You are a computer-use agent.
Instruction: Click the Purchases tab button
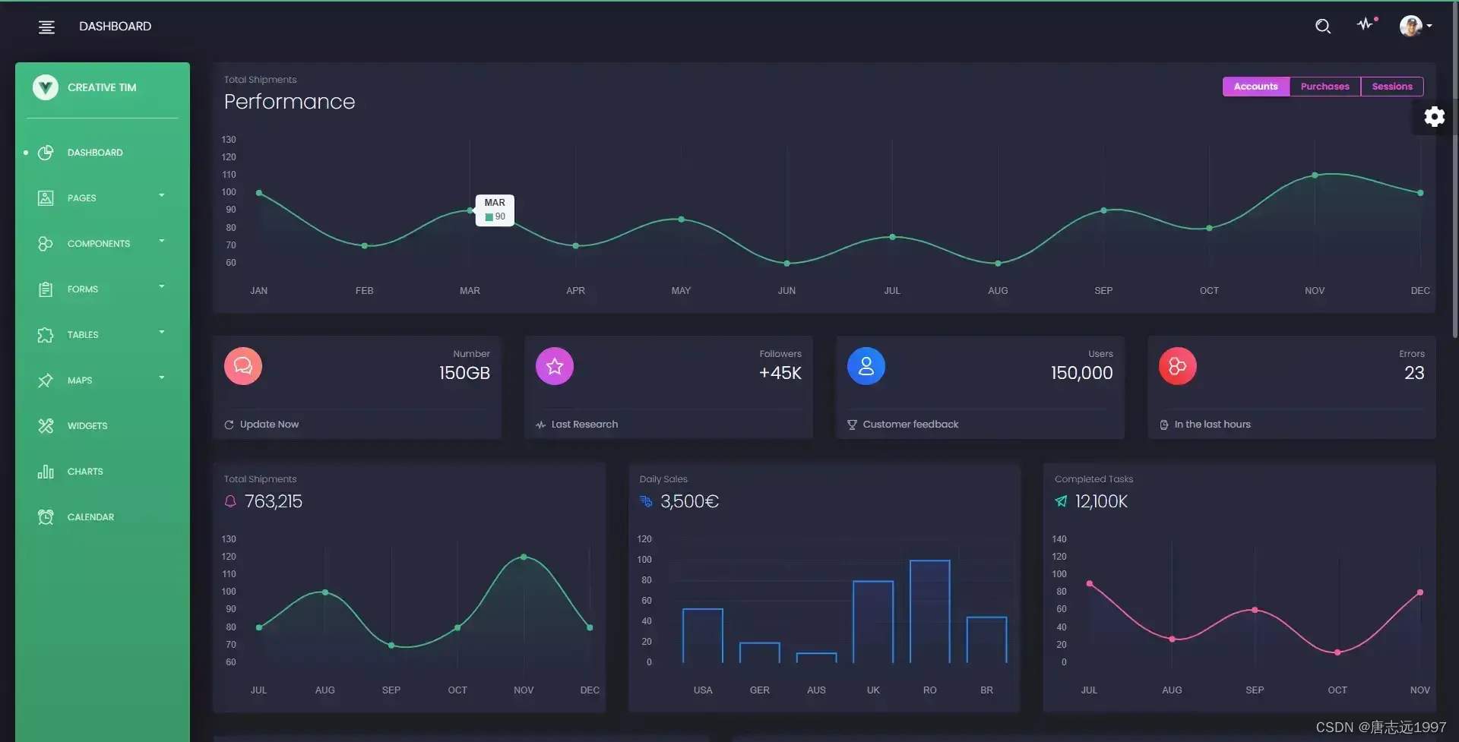(x=1324, y=87)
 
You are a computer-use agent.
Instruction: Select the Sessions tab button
(x=1391, y=87)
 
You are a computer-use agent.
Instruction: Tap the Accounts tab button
(x=1255, y=87)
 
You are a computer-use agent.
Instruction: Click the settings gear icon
(x=1434, y=117)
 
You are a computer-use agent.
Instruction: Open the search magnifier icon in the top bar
(x=1322, y=27)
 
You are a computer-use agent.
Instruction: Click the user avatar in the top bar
(x=1410, y=26)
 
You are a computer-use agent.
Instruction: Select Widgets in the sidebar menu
(x=87, y=426)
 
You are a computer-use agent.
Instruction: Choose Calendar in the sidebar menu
(x=90, y=517)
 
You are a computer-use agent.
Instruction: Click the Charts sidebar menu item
(x=84, y=472)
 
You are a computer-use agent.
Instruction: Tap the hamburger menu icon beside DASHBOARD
(x=46, y=27)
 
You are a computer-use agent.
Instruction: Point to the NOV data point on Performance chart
(x=1315, y=175)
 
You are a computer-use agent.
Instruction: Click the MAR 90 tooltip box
(x=495, y=210)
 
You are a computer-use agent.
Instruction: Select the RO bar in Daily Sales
(x=929, y=611)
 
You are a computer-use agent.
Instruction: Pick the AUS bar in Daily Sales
(x=816, y=658)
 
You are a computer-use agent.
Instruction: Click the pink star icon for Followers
(x=555, y=366)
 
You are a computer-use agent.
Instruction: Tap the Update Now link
(x=269, y=425)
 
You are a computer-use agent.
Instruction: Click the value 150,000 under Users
(x=1081, y=373)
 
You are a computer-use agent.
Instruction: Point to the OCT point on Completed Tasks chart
(x=1337, y=652)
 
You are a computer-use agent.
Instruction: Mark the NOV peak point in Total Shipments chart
(x=524, y=557)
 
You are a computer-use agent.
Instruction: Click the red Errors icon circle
(x=1177, y=366)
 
